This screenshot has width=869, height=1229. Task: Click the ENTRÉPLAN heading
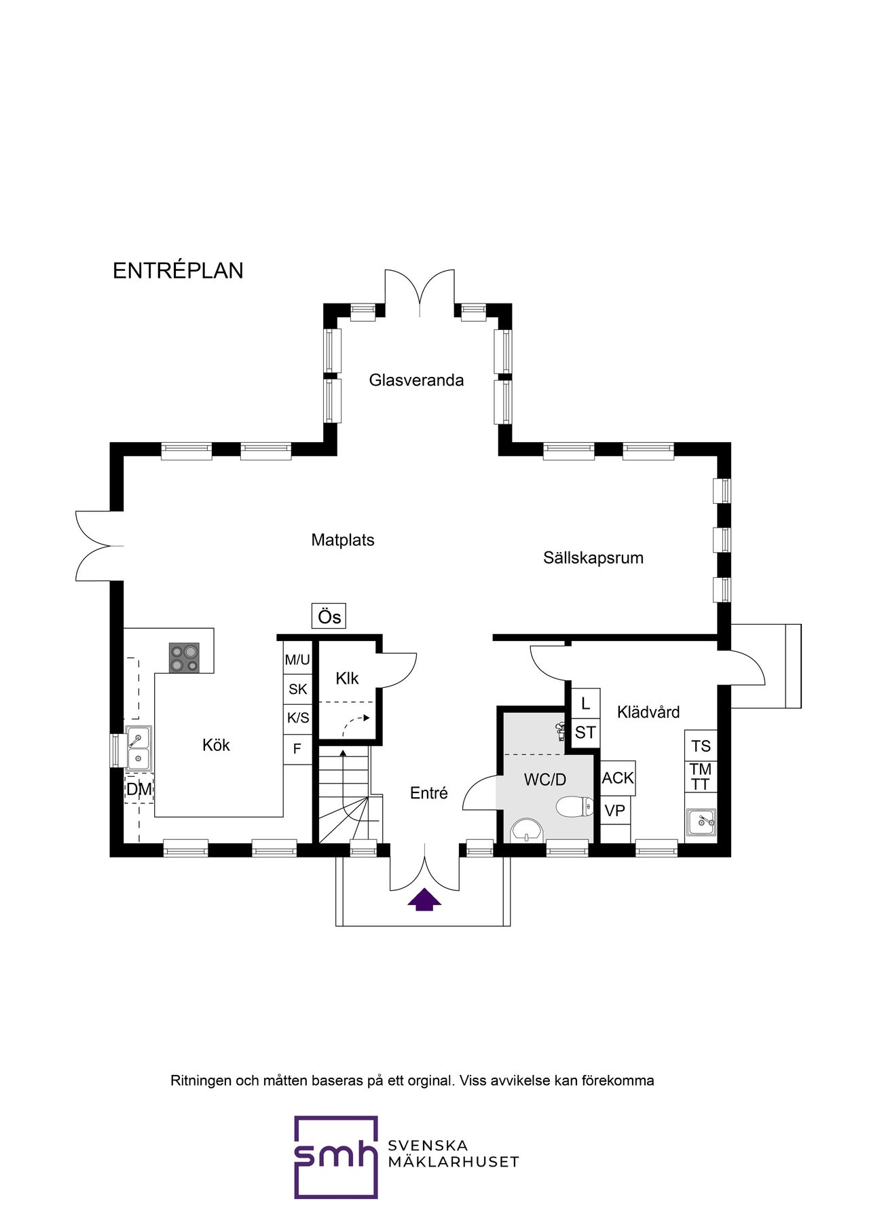click(x=178, y=270)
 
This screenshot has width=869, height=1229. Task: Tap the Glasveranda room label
click(x=416, y=380)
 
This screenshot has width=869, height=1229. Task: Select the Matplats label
click(x=343, y=540)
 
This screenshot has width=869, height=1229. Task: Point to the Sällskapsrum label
click(x=593, y=557)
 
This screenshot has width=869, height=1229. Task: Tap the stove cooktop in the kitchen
click(x=184, y=657)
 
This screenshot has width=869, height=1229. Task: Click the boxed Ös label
click(x=329, y=616)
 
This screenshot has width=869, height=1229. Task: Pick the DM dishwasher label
click(x=139, y=789)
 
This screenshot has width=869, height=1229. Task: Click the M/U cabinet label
click(x=297, y=659)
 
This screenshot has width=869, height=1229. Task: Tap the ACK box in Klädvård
click(x=618, y=778)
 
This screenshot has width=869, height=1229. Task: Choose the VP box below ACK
click(x=615, y=810)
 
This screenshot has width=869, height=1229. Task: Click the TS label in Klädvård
click(x=701, y=746)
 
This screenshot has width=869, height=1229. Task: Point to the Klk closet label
click(x=347, y=678)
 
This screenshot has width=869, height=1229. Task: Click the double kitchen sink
click(x=138, y=748)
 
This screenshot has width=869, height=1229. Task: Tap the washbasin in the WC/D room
click(x=528, y=830)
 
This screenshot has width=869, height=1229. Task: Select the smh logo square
click(x=336, y=1157)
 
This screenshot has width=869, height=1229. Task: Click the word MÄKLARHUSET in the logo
click(x=454, y=1162)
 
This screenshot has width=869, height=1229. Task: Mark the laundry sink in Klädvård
click(x=701, y=822)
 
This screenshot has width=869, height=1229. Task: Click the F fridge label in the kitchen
click(x=297, y=750)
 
